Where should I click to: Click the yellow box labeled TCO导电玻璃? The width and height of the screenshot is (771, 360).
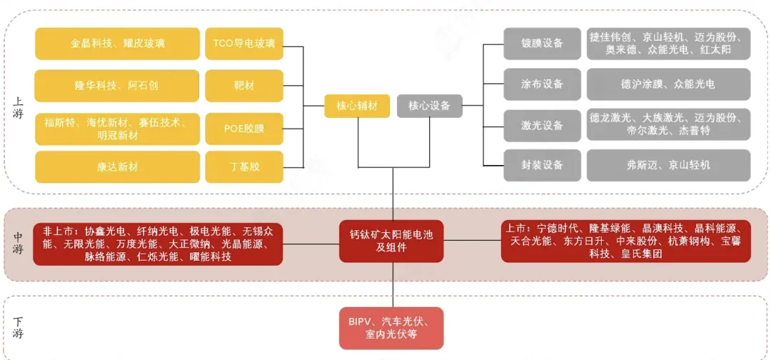pos(243,44)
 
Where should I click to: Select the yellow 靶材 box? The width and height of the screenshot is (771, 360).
pos(243,86)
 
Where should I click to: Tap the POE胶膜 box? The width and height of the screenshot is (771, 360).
pos(243,129)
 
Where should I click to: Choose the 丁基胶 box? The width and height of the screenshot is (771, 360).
pos(243,167)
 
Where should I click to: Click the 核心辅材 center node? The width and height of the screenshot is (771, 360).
pos(357,106)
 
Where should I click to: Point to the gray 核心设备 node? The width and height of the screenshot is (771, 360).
pos(429,106)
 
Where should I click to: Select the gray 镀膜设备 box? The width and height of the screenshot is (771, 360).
pos(542,44)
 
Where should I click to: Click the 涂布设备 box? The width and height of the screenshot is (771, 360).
pos(542,84)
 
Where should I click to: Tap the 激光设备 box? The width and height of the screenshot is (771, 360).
pos(542,125)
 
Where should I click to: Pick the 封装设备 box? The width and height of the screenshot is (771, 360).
pos(542,165)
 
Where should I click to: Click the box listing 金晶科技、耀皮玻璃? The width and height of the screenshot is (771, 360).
pos(118,44)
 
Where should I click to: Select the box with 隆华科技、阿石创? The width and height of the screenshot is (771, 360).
pos(118,86)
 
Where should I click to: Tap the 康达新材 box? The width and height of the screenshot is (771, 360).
pos(118,167)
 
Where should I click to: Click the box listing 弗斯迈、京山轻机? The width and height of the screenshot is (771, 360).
pos(668,165)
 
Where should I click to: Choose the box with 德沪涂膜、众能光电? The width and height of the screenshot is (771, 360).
pos(668,84)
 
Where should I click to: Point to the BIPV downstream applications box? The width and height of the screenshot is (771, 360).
pos(391,328)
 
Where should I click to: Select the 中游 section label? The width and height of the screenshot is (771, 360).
pos(19,244)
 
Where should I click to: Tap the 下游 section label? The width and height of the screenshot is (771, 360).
pos(19,328)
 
